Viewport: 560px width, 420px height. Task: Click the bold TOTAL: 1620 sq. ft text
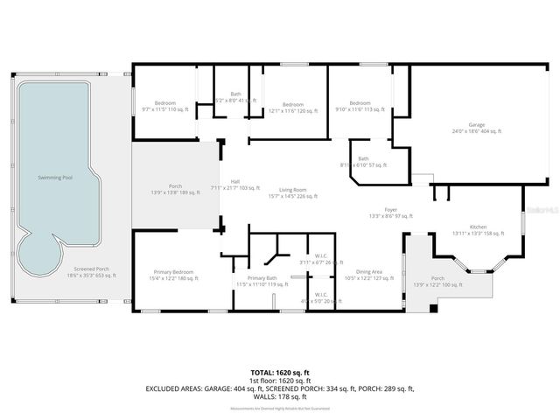click(x=279, y=372)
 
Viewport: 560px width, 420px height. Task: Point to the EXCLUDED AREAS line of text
click(x=279, y=388)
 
